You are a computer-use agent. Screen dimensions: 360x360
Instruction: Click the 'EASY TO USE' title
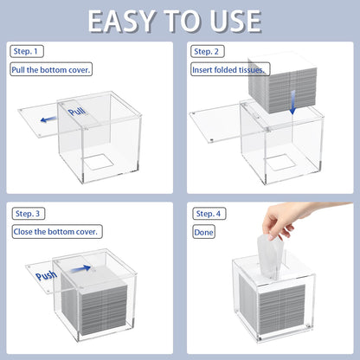175,21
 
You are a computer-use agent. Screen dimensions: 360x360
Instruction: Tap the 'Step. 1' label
26,51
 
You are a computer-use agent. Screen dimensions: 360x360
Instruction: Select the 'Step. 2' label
207,52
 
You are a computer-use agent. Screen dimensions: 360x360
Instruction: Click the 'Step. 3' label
29,214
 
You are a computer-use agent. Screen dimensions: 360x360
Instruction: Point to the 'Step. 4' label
209,214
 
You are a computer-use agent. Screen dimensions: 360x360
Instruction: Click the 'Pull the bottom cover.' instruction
51,69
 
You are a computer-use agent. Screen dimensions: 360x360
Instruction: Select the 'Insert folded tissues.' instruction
230,69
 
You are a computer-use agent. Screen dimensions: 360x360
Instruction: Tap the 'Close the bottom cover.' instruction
57,232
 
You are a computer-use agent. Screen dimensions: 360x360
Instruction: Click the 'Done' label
203,232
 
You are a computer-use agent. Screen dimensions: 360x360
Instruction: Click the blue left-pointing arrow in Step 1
48,119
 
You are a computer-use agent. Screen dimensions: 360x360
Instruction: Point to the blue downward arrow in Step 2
293,102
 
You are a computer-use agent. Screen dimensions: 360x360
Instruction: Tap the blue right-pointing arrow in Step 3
80,269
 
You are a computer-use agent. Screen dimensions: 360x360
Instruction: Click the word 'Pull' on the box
77,111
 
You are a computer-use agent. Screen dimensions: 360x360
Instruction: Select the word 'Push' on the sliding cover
46,275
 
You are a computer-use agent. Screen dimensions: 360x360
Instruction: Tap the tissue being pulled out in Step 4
270,256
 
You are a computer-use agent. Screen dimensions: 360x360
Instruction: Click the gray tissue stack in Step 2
282,83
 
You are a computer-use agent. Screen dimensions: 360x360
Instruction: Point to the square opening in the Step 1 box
98,162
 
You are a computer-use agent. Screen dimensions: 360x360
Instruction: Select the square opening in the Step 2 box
280,163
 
